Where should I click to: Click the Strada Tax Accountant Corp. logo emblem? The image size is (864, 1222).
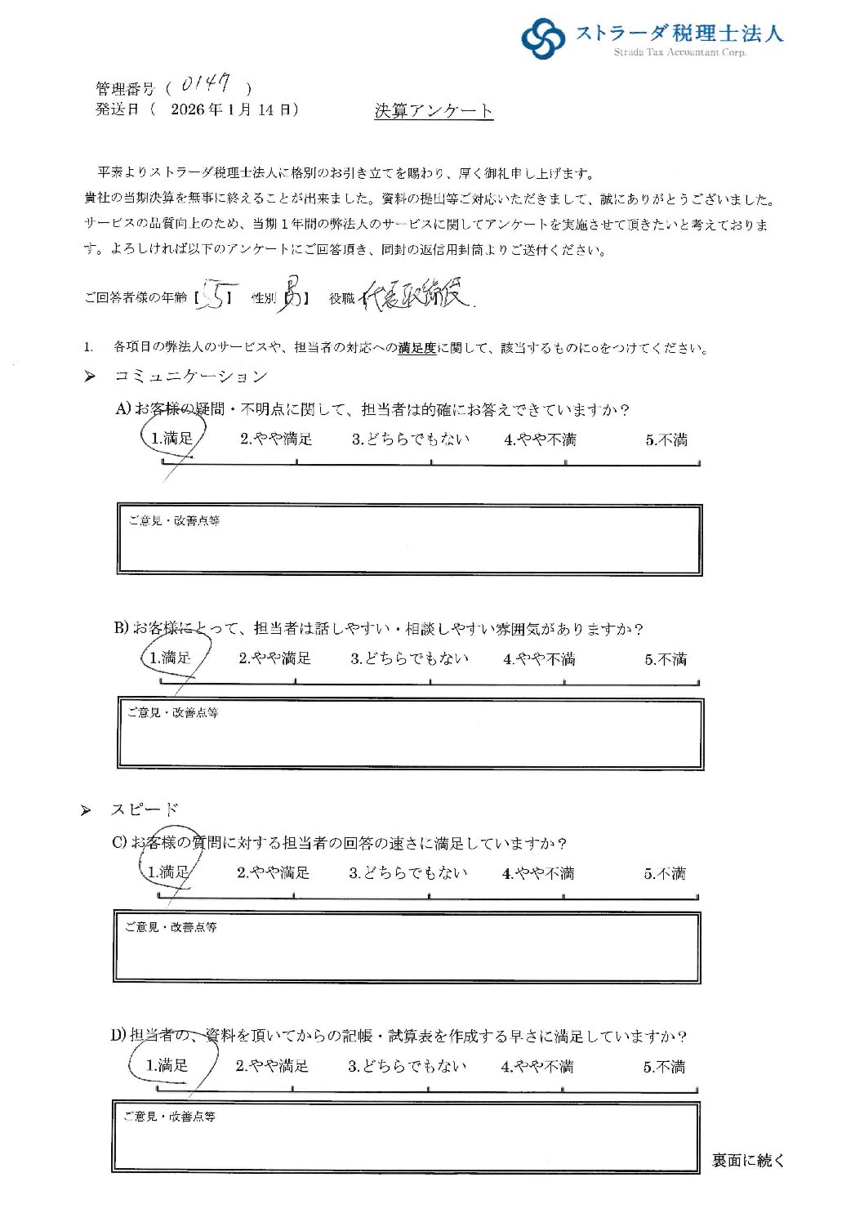[x=543, y=38]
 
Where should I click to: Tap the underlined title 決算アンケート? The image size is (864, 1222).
[x=434, y=111]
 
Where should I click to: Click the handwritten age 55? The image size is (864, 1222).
[x=216, y=298]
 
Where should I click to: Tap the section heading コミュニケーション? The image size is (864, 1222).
[x=191, y=377]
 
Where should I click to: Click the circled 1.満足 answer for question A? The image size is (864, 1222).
[x=171, y=439]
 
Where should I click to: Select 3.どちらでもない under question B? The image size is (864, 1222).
[x=409, y=658]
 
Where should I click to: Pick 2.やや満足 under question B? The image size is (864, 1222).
[x=274, y=658]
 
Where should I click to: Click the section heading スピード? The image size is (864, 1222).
[x=145, y=809]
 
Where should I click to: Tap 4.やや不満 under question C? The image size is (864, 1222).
[x=538, y=873]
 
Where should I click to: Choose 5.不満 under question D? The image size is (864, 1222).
[x=663, y=1067]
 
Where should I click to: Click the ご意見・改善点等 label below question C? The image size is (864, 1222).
[x=171, y=927]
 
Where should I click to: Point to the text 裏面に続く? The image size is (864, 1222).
[x=747, y=1160]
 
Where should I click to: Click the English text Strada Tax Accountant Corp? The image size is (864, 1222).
[x=679, y=53]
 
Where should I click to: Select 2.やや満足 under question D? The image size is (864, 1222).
[x=272, y=1066]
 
